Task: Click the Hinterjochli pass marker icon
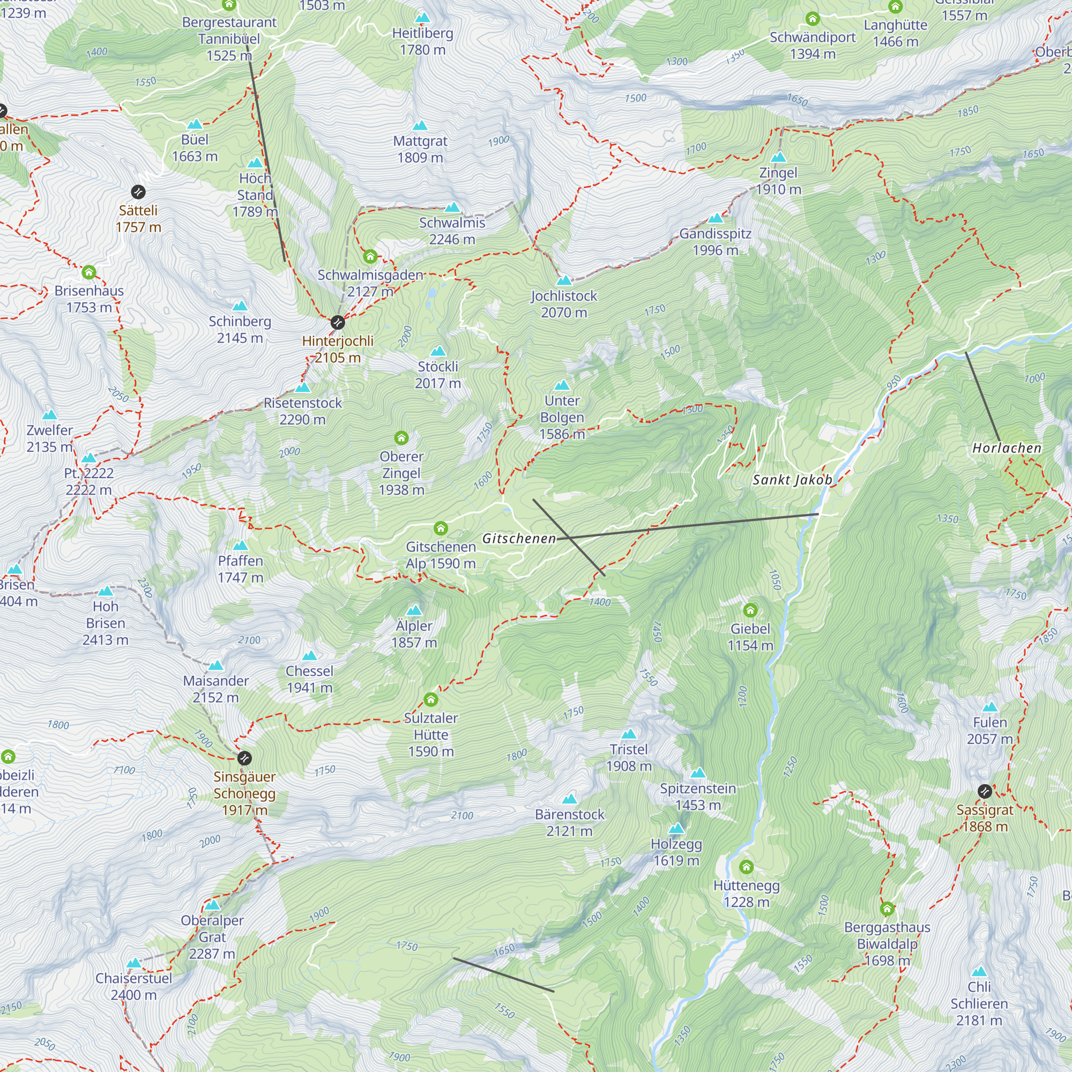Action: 337,322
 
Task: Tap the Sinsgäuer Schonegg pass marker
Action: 244,758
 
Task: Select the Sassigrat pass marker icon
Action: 985,791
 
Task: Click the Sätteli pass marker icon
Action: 138,192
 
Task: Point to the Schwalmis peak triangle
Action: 452,207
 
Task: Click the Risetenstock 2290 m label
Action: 302,411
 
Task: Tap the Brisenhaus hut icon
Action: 89,272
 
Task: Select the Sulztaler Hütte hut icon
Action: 430,699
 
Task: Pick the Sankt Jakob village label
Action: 792,480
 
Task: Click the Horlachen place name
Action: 1007,448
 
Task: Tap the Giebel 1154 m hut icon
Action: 750,611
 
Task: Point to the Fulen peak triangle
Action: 990,708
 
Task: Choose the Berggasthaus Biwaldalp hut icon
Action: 887,909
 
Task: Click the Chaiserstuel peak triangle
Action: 133,964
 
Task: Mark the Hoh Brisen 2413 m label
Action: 106,623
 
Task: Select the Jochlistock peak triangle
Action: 564,281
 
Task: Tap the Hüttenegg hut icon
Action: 746,867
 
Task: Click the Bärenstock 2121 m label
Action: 569,823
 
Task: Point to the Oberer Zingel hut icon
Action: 401,438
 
